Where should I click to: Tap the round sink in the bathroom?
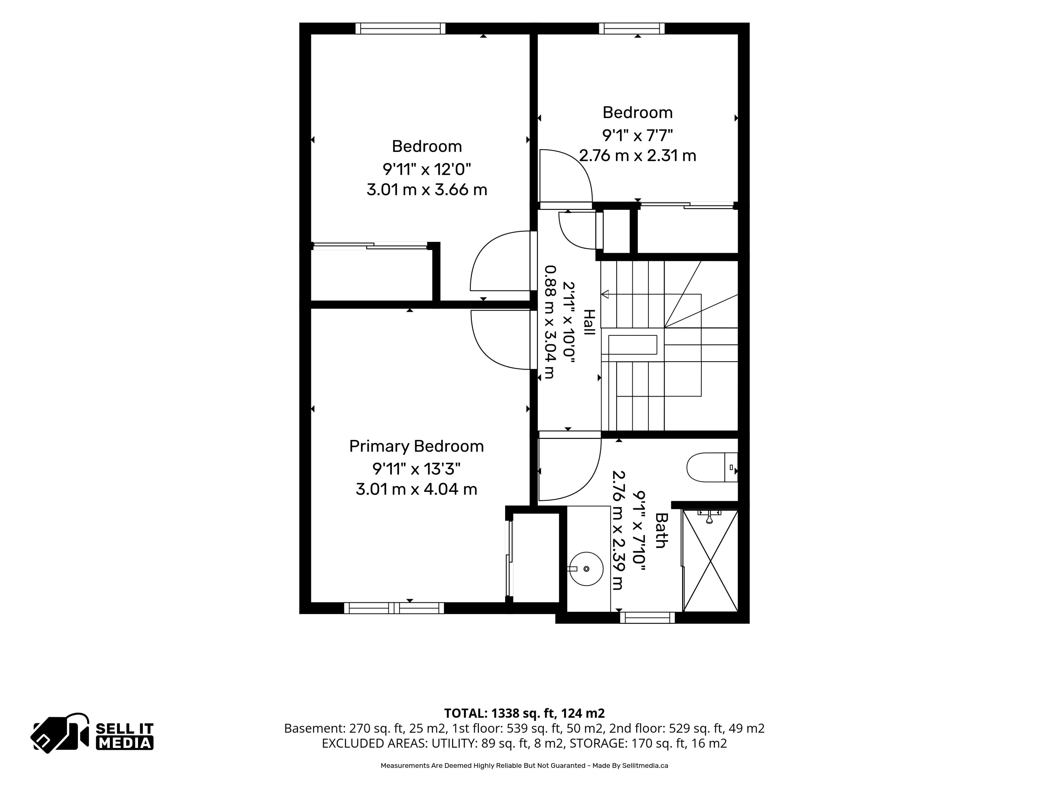coord(586,568)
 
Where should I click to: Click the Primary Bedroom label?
coord(416,447)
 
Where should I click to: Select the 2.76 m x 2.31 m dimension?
coord(637,155)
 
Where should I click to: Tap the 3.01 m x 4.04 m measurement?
coord(416,489)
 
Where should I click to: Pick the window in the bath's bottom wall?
coord(647,617)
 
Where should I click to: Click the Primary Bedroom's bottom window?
coord(394,608)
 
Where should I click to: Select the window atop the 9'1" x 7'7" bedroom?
coord(632,28)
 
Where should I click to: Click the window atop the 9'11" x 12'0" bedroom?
coord(401,28)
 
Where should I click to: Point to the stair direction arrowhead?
coord(605,294)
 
